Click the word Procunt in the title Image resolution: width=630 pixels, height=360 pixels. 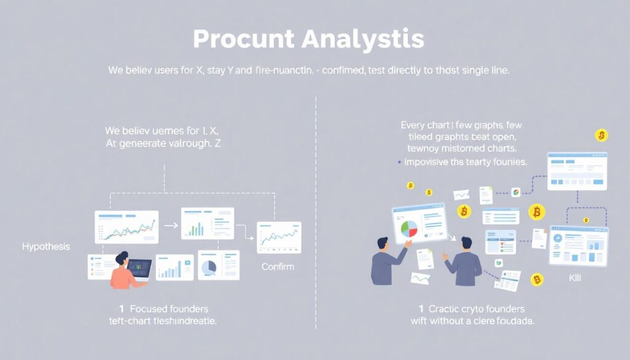pyautogui.click(x=244, y=39)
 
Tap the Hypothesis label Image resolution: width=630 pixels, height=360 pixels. pyautogui.click(x=46, y=246)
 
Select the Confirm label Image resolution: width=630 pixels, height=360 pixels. pyautogui.click(x=277, y=266)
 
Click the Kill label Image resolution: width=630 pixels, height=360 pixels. pyautogui.click(x=575, y=278)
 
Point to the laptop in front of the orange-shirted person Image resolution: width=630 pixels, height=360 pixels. pyautogui.click(x=140, y=270)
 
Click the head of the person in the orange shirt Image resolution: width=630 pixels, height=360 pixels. pyautogui.click(x=121, y=258)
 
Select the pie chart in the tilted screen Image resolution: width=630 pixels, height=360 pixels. pyautogui.click(x=409, y=230)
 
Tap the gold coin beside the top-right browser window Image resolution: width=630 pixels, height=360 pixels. pyautogui.click(x=601, y=135)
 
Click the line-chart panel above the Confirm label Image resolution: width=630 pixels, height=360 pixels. pyautogui.click(x=279, y=238)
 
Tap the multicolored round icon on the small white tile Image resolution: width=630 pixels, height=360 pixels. pyautogui.click(x=515, y=192)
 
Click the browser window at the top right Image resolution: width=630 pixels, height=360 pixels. pyautogui.click(x=577, y=170)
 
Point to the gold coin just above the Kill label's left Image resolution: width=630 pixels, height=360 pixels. pyautogui.click(x=537, y=279)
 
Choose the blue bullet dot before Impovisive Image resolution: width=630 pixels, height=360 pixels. pyautogui.click(x=399, y=163)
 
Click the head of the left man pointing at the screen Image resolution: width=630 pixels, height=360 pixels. pyautogui.click(x=382, y=243)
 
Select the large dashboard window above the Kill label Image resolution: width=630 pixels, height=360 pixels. pyautogui.click(x=578, y=246)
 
